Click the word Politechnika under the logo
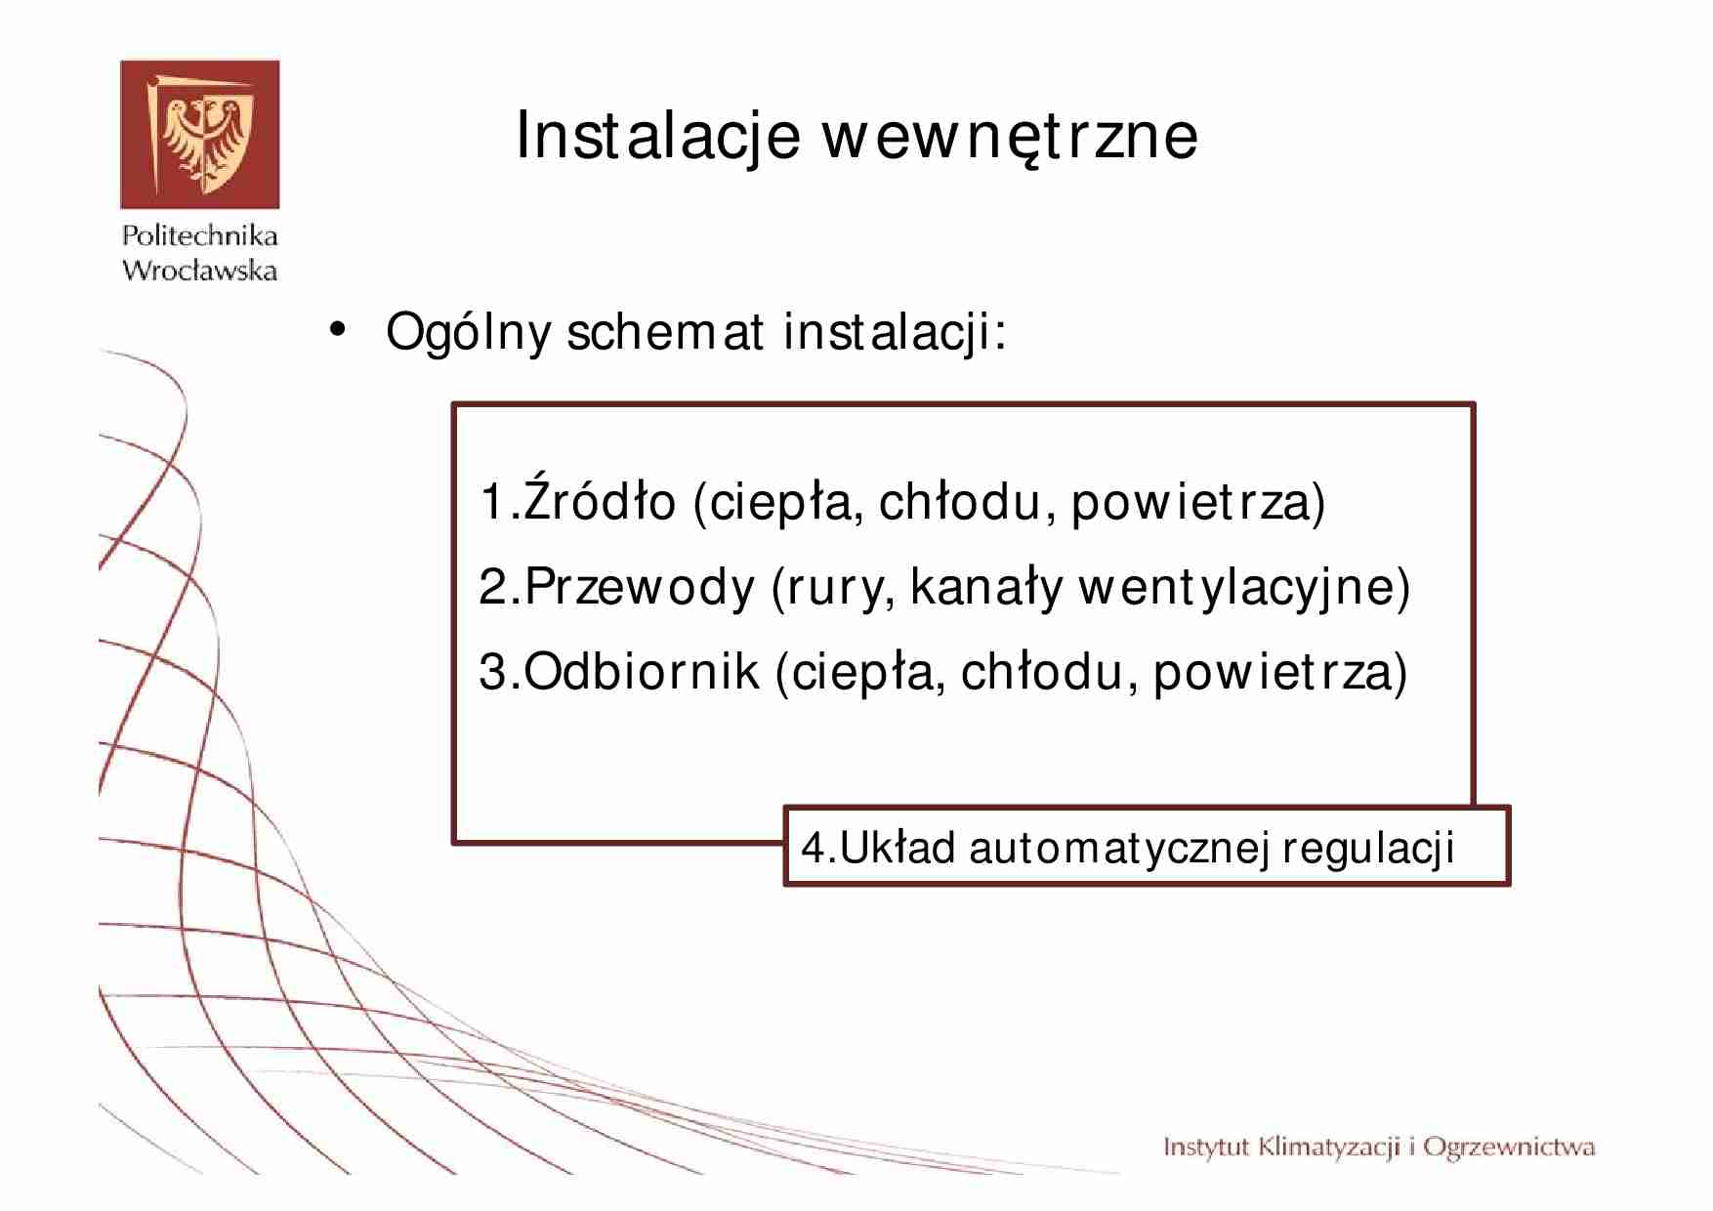tap(199, 235)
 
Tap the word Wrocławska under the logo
tap(199, 271)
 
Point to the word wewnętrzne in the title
tap(1009, 136)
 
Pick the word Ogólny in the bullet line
tap(468, 333)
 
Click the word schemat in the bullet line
tap(664, 332)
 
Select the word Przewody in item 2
tap(640, 587)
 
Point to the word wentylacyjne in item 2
tap(1243, 587)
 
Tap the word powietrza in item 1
tap(1197, 502)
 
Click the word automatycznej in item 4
tap(1119, 848)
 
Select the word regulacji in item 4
tap(1367, 848)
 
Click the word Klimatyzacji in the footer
tap(1329, 1148)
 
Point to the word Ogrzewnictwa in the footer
tap(1508, 1148)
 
